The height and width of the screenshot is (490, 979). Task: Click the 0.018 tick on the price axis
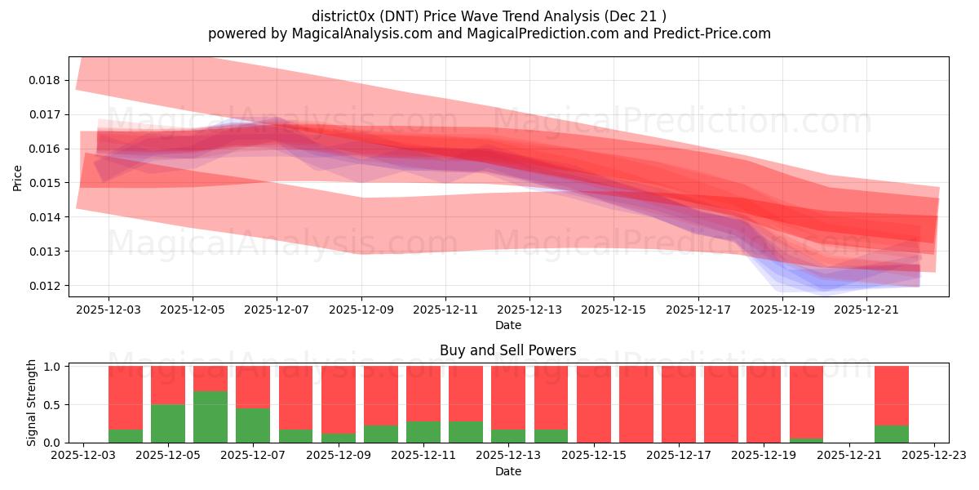(43, 80)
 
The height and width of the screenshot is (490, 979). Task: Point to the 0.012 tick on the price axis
(43, 286)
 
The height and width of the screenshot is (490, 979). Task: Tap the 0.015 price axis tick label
(43, 183)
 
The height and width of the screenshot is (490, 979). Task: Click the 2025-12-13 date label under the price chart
(529, 310)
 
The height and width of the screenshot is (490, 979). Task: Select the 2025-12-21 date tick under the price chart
(866, 310)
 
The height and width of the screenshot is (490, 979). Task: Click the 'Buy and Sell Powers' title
(507, 350)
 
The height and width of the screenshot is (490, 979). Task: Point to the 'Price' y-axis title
(18, 177)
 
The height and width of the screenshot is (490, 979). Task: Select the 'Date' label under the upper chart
(507, 325)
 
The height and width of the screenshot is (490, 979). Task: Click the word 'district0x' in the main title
(343, 16)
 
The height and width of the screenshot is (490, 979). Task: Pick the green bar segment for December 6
(210, 416)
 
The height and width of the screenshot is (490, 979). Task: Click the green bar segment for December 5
(168, 423)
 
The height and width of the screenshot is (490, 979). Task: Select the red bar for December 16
(636, 404)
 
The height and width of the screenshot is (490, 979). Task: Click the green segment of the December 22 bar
(892, 434)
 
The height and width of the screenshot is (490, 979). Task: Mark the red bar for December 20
(806, 402)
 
